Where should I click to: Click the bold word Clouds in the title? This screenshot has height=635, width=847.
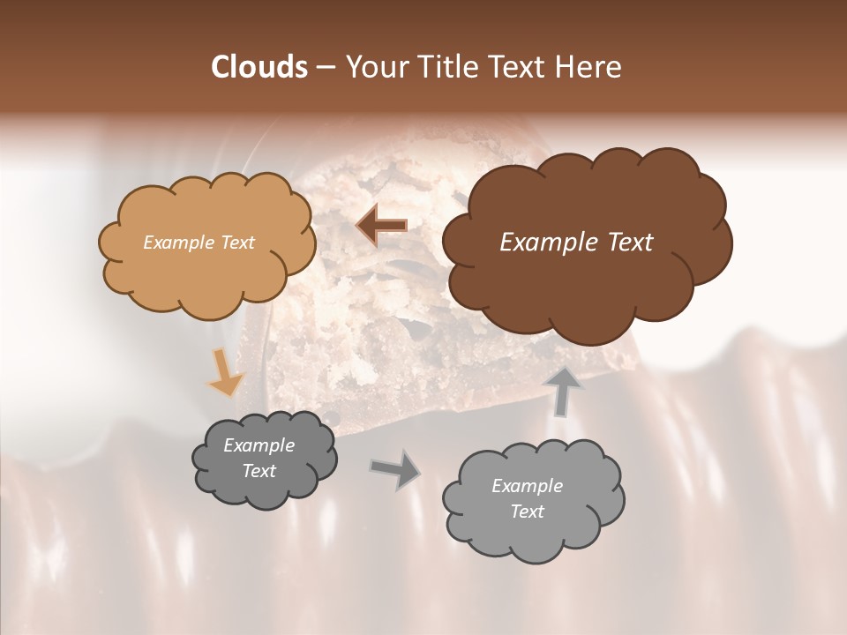click(x=259, y=67)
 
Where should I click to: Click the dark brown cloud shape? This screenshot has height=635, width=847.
click(x=586, y=282)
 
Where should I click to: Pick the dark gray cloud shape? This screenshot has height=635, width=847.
click(x=264, y=489)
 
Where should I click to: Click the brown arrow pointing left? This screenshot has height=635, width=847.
click(x=381, y=226)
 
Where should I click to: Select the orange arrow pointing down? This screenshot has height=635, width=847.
click(x=225, y=371)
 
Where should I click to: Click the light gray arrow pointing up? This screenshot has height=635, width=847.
click(x=564, y=391)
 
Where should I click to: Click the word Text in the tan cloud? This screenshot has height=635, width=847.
click(x=236, y=242)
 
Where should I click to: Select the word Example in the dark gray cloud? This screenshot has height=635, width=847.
click(x=259, y=445)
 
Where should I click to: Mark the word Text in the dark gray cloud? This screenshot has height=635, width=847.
click(x=259, y=471)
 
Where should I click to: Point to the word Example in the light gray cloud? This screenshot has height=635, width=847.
click(x=527, y=486)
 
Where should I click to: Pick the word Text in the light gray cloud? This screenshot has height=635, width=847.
click(x=527, y=512)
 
